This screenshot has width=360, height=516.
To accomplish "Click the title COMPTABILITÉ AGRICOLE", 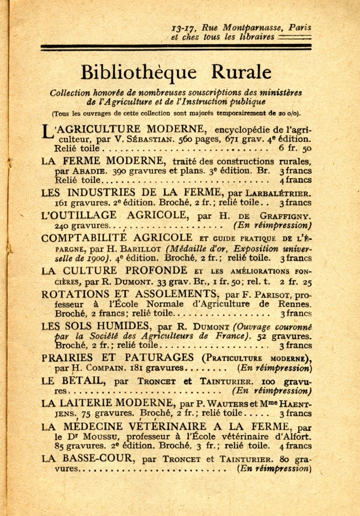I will click(x=116, y=237).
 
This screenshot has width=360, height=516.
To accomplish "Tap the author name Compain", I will click(x=106, y=368).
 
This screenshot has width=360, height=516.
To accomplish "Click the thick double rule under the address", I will click(x=176, y=48).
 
